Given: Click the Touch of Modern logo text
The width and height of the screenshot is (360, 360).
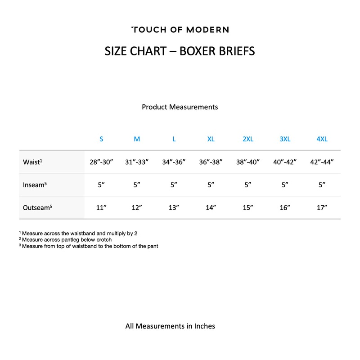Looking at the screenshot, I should coord(180,30).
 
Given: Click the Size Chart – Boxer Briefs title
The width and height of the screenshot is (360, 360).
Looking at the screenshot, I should coord(180,51).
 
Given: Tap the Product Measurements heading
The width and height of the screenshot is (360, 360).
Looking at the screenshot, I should coord(180,107).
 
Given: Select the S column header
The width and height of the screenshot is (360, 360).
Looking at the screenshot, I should coord(101,139).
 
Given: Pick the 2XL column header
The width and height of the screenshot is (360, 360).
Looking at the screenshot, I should coord(248,139).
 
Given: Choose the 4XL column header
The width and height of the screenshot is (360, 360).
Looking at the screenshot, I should coord(322,139).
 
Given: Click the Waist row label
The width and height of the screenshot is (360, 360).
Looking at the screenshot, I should coord(32,162).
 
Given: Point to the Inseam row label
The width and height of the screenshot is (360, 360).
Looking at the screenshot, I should coord(35,185).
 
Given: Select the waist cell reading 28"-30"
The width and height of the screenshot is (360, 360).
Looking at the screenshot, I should coord(101,162).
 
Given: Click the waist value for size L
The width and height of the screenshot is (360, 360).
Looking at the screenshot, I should coord(174,162).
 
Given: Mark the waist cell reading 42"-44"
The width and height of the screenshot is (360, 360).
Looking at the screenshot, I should coord(322,162).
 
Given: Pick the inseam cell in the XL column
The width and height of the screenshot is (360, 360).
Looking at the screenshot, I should coord(211,185).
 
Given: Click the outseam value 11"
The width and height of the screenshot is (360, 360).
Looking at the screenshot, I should coord(101,207).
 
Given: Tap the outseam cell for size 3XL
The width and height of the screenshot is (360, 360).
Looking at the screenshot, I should coord(285,207).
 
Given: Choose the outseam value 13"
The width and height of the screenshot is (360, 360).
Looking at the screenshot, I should coord(174,207).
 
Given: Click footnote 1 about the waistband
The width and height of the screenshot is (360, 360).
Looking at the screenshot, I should coord(78,234).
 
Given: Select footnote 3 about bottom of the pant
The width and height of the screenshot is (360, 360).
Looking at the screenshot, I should coord(89,246).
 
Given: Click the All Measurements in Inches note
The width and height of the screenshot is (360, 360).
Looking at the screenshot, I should coord(170,326).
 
